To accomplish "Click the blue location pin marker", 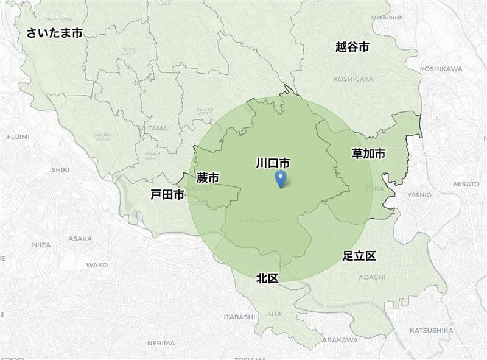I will (280, 178).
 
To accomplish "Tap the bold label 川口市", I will (272, 163).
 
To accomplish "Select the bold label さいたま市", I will (54, 33).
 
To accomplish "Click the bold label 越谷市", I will (352, 47).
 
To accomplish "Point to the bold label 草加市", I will (368, 154).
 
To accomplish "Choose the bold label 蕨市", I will (208, 178).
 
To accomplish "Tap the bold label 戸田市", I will (167, 195).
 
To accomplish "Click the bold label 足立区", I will (359, 256).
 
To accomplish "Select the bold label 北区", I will (267, 278).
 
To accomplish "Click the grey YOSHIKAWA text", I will (441, 69).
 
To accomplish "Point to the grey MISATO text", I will (466, 183).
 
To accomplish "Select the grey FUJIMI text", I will (18, 136).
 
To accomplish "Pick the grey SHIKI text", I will (60, 170).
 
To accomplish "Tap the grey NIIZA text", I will (41, 245).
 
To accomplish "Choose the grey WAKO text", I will (97, 265).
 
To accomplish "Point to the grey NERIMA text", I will (161, 343).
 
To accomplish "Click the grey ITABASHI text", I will (239, 317).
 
